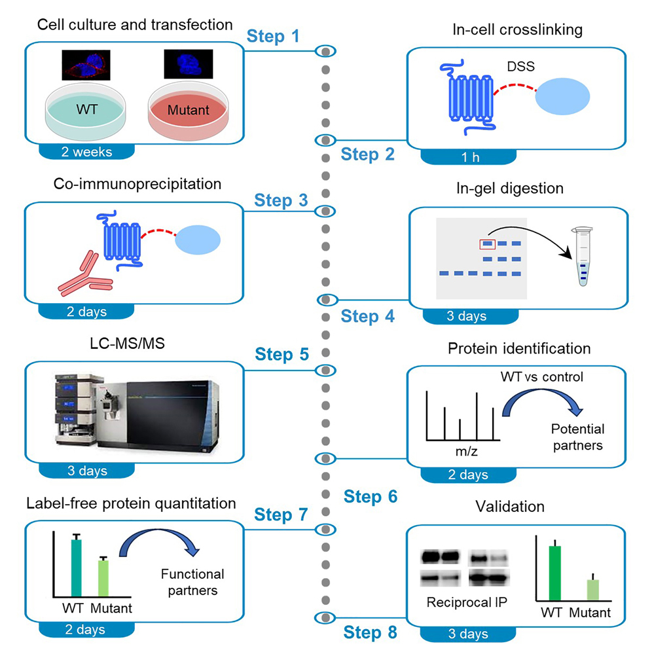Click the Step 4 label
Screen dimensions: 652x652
pyautogui.click(x=369, y=317)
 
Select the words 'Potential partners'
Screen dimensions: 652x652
pyautogui.click(x=577, y=437)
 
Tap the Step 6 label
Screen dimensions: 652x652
pyautogui.click(x=371, y=498)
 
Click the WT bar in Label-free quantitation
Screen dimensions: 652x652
pyautogui.click(x=76, y=566)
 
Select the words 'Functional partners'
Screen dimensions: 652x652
pyautogui.click(x=192, y=582)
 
